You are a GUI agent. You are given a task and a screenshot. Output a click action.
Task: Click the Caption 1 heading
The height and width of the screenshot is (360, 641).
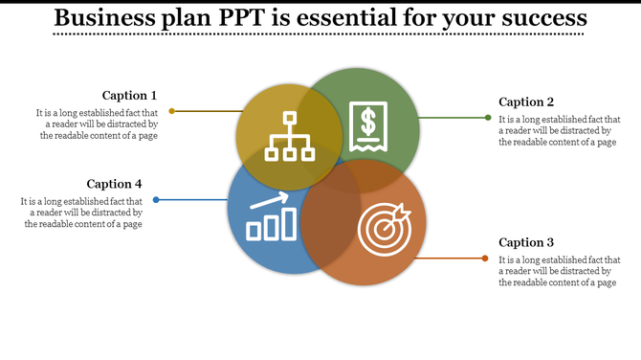pyautogui.click(x=129, y=95)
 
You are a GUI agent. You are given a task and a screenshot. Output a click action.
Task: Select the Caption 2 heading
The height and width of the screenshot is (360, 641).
pyautogui.click(x=526, y=101)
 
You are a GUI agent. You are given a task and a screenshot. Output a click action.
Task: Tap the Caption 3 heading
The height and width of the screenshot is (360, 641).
pyautogui.click(x=526, y=242)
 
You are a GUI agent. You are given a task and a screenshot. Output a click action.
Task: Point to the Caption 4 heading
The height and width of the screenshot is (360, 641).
pyautogui.click(x=114, y=184)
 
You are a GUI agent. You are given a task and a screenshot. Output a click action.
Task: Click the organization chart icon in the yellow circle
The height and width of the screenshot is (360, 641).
pyautogui.click(x=289, y=136)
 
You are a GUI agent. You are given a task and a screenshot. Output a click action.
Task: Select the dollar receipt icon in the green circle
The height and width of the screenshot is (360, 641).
pyautogui.click(x=367, y=125)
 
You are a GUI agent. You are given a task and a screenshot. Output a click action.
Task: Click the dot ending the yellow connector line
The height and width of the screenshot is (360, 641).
pyautogui.click(x=172, y=111)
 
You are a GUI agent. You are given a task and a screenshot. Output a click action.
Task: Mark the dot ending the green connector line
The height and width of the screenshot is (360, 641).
pyautogui.click(x=488, y=118)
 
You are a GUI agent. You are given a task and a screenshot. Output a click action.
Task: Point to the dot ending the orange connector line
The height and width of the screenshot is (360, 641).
pyautogui.click(x=485, y=259)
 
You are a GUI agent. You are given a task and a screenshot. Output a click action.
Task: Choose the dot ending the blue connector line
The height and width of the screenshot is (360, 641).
pyautogui.click(x=156, y=200)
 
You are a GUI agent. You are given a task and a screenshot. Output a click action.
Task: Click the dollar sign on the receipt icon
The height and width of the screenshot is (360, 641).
pyautogui.click(x=367, y=123)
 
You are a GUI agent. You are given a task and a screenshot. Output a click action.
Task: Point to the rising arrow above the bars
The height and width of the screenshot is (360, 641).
pyautogui.click(x=271, y=201)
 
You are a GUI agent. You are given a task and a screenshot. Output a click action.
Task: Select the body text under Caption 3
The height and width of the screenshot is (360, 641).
pyautogui.click(x=560, y=271)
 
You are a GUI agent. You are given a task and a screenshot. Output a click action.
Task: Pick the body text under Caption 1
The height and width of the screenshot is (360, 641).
pyautogui.click(x=99, y=124)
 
